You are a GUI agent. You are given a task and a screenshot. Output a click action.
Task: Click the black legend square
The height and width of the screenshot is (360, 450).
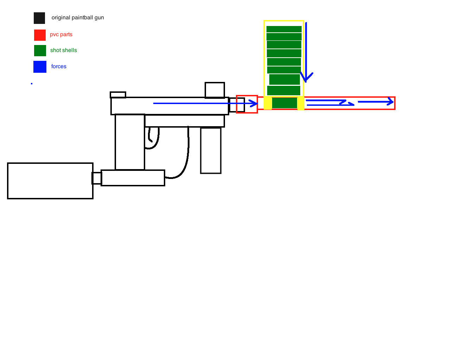pos(39,18)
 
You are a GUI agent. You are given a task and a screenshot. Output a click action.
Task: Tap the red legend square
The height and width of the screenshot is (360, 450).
pos(40,35)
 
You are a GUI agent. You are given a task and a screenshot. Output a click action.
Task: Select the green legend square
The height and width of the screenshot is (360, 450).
pos(40,51)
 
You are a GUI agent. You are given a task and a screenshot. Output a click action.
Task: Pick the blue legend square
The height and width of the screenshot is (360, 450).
pos(40,67)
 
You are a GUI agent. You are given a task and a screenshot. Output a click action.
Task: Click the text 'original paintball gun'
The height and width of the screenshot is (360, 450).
pos(78,18)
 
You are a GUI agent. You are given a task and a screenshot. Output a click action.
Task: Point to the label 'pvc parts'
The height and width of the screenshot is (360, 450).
pos(61,34)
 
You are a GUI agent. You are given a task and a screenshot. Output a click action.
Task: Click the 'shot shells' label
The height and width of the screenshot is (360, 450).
pos(64,50)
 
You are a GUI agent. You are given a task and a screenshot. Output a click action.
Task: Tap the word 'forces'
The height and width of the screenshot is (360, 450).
pos(59,66)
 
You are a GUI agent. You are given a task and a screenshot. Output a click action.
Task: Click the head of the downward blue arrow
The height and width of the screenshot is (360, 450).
pos(307,79)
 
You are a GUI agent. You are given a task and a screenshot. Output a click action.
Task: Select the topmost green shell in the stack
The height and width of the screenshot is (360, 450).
pos(284,29)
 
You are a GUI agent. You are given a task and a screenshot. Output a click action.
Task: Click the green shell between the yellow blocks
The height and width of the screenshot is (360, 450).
pos(284,103)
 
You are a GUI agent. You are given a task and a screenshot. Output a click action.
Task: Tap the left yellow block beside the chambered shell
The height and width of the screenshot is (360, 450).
pos(268,103)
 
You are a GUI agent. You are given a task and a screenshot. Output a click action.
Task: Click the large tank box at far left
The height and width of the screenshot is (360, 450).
pos(50,181)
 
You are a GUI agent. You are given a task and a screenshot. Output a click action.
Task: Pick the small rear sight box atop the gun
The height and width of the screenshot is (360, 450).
pos(118,95)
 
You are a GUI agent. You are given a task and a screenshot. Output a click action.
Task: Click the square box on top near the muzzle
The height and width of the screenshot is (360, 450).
pos(215,90)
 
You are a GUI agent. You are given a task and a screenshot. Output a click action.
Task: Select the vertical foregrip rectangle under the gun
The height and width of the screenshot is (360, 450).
pos(211,150)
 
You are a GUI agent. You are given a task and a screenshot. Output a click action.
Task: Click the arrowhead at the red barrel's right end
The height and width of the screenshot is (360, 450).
pos(390,102)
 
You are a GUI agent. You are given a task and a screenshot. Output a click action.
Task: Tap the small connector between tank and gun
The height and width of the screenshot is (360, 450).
pos(97,178)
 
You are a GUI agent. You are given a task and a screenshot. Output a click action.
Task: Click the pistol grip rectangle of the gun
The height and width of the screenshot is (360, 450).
pos(130,142)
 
